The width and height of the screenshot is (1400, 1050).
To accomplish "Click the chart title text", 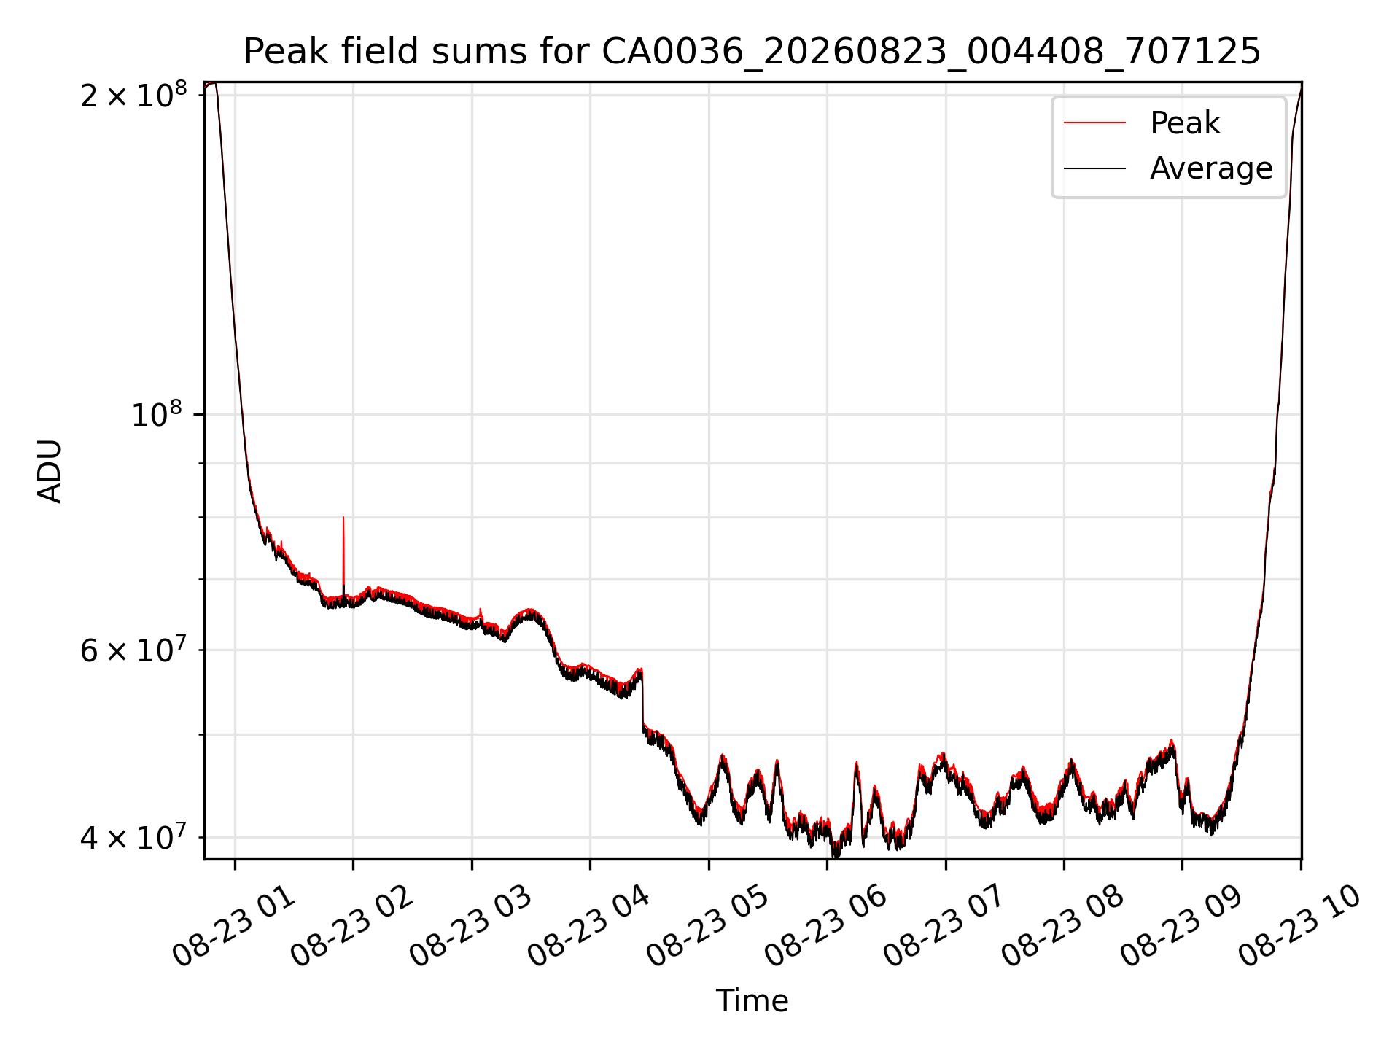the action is [x=752, y=52].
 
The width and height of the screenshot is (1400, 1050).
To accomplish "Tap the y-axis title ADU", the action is [x=50, y=470].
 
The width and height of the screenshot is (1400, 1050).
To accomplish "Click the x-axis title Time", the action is [x=752, y=1001].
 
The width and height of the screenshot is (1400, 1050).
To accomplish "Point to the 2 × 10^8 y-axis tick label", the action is [x=133, y=95].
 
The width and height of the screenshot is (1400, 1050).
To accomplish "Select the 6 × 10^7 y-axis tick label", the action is [x=133, y=650].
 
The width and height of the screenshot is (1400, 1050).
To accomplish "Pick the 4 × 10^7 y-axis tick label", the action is [x=133, y=838].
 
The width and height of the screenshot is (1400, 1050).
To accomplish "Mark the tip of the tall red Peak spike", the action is [x=343, y=517].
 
